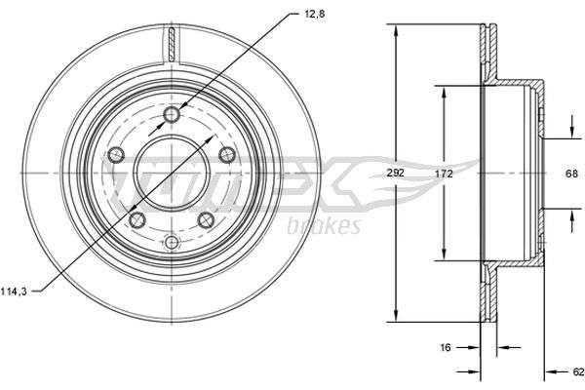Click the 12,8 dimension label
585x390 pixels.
[x=315, y=15]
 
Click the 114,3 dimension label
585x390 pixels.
[x=14, y=292]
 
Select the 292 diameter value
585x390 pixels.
[x=396, y=174]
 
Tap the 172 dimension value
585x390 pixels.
[x=444, y=174]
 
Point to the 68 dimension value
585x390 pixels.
[x=571, y=174]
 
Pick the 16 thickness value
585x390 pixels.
[x=446, y=347]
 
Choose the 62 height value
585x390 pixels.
[x=578, y=371]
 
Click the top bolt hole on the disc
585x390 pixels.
[x=172, y=114]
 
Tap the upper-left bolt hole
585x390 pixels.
[x=116, y=154]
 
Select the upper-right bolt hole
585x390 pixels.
[x=227, y=154]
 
